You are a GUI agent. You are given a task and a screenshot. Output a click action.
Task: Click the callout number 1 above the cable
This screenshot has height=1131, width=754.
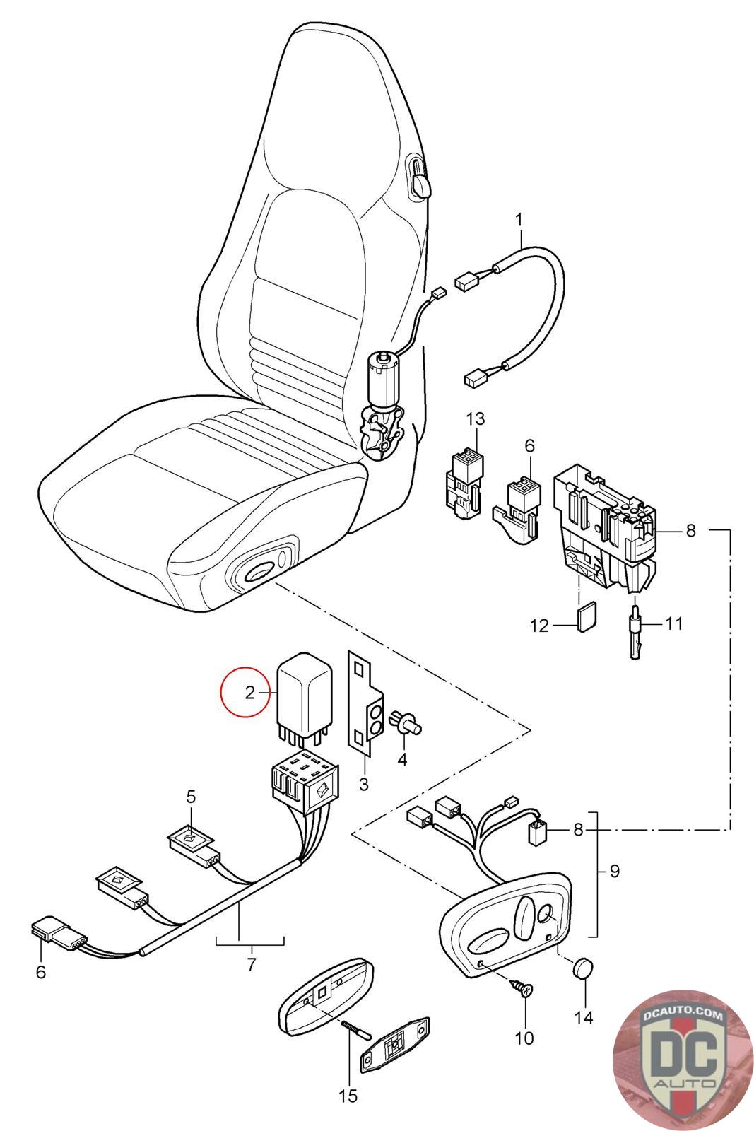(519, 220)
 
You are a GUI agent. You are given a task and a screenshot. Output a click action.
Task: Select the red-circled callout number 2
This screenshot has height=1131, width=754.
(249, 693)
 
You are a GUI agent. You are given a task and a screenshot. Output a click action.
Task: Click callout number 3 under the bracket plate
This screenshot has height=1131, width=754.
(363, 783)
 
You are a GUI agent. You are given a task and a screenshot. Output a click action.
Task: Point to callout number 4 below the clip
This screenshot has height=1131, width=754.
(403, 760)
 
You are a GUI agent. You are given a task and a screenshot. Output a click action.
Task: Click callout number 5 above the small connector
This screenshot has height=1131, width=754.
(191, 797)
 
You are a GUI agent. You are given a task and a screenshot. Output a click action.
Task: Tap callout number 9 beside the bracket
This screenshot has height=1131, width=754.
(614, 871)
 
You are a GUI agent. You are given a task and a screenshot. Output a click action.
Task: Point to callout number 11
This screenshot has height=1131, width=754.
(674, 623)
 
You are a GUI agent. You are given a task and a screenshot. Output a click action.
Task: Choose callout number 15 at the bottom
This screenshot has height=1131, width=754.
(348, 1096)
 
